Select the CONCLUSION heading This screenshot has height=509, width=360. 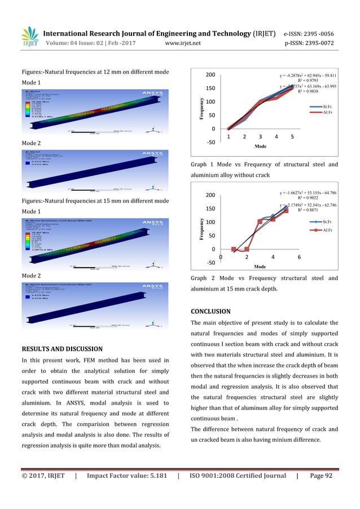coord(211,311)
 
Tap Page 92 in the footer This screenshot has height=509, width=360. coord(321,476)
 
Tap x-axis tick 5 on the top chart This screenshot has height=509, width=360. coord(292,137)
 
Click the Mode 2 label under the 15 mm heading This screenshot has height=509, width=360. coord(32,276)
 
